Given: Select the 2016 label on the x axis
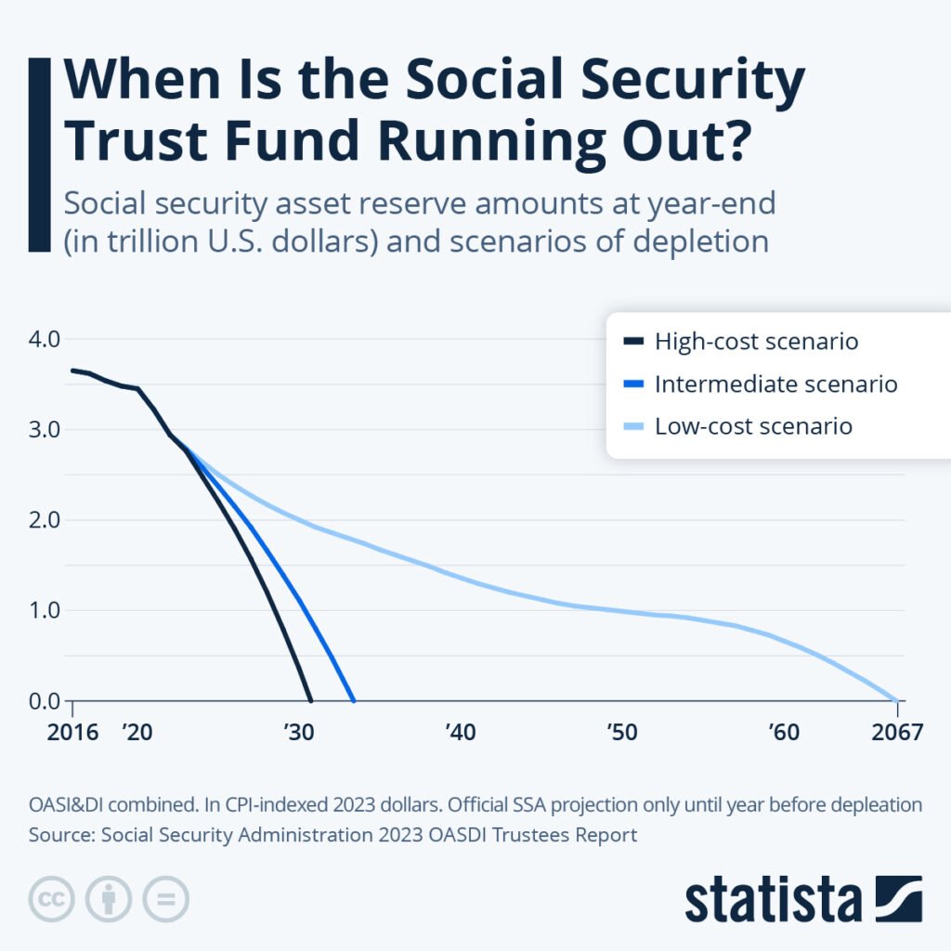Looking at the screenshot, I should point(72,733).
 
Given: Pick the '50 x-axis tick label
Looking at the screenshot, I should point(621,733).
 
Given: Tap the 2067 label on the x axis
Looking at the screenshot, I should point(897,733).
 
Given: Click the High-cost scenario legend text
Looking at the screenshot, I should point(756,341).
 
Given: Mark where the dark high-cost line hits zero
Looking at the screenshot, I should point(310,701).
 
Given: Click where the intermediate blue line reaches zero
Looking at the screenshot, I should point(354,701).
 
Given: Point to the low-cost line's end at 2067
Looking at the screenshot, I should point(897,701).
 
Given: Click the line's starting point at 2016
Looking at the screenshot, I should point(72,370).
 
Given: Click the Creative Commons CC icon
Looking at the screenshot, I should point(52,899).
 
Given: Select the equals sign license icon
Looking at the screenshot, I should point(165,899).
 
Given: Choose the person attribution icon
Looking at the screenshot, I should point(109,899).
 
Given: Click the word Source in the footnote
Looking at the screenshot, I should point(59,835).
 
